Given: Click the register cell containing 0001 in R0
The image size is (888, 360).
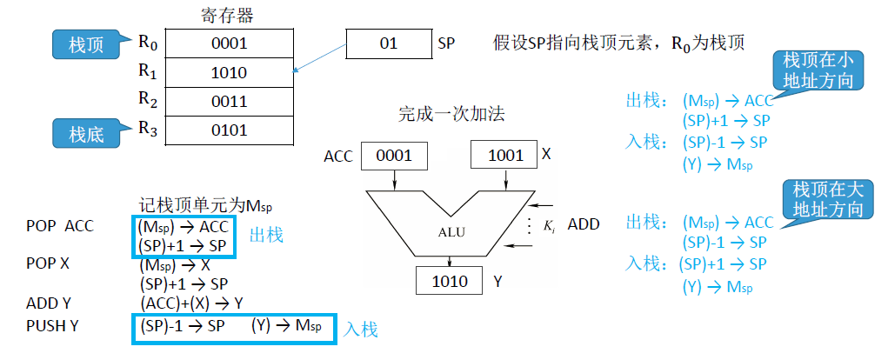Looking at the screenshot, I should pos(229,43).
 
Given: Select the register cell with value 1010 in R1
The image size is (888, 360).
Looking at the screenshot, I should pos(229,72).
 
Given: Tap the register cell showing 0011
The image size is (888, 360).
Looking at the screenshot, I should pos(229,101).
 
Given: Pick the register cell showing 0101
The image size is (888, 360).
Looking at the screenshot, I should pos(229,130).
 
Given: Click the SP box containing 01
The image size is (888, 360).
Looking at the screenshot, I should pos(388,43).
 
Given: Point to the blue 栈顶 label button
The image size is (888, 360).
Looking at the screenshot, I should pos(86,44).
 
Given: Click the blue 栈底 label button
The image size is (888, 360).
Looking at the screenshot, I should pos(86,134).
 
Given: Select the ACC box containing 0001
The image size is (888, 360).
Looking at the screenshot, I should pos(390,156).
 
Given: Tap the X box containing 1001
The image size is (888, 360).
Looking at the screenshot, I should pos(505,156).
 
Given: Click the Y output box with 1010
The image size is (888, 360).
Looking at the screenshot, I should pos(450,281).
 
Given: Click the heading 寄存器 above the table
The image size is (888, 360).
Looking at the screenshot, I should pos(227,15).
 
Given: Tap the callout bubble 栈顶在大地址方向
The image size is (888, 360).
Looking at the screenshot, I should pos(823,199).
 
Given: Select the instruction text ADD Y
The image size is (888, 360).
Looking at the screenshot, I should pos(51,303).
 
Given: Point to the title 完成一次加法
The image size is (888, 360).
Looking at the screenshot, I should pos(451,113).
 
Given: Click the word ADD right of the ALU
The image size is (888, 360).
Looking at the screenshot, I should pos(584,224).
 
